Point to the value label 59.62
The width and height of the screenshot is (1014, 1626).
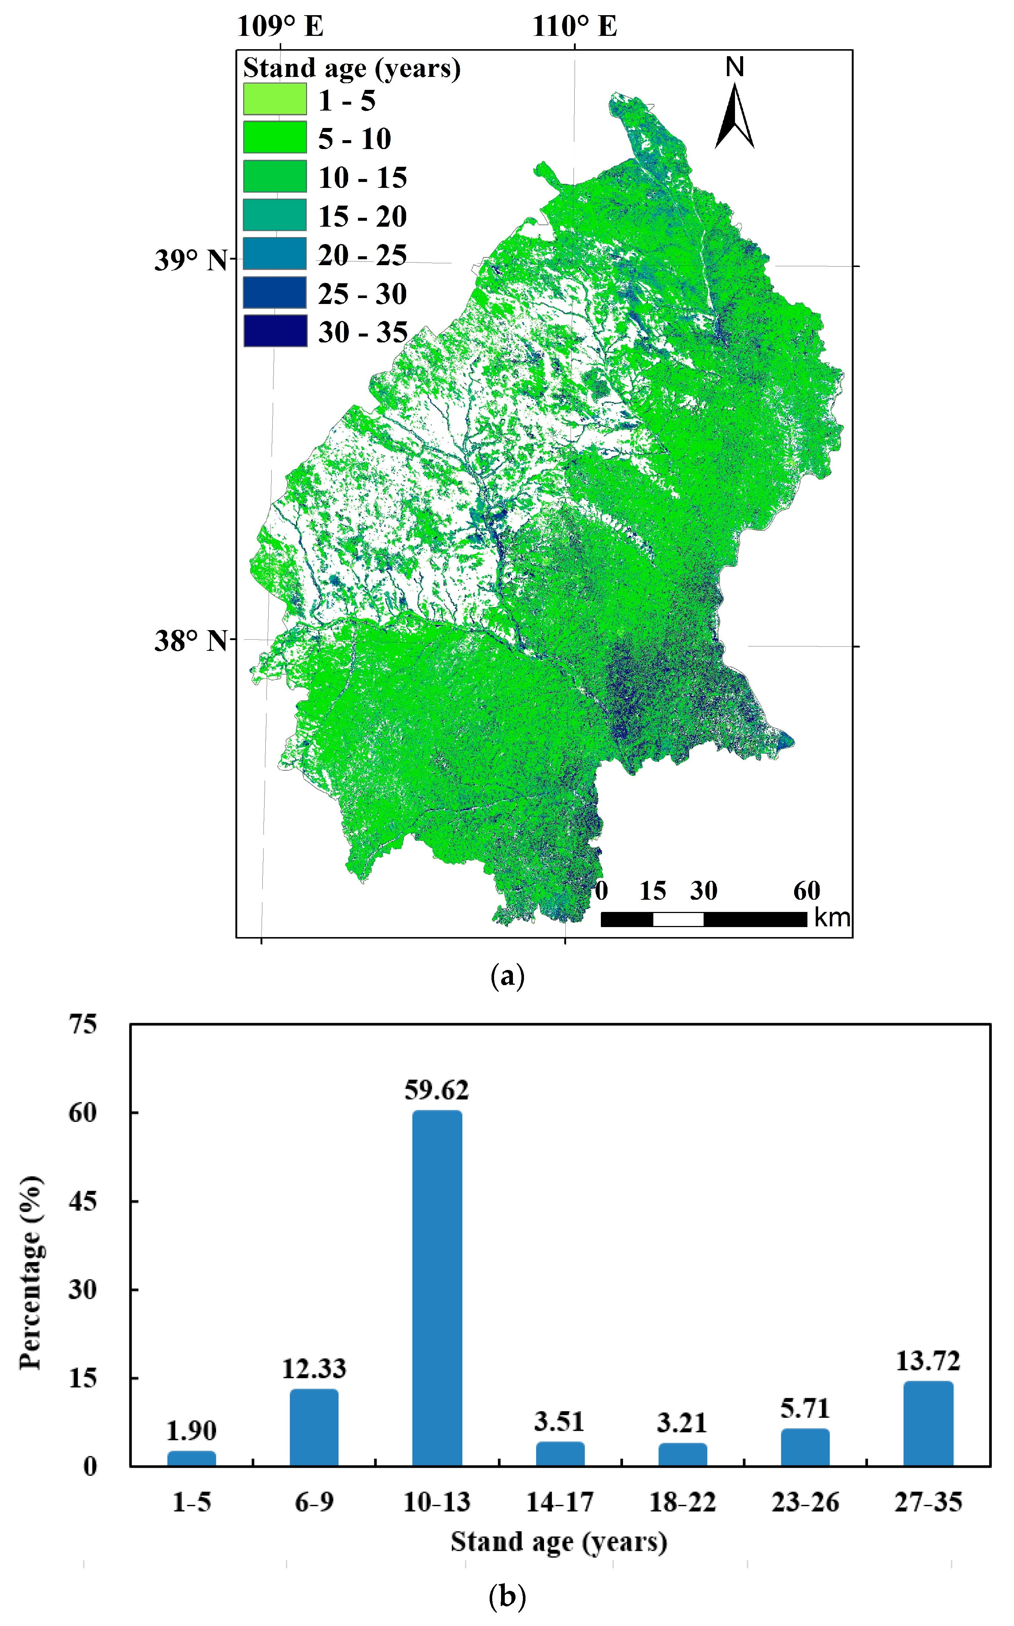pos(436,1091)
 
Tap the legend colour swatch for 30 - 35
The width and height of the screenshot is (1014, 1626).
pos(275,331)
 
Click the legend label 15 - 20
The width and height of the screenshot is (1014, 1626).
pos(362,216)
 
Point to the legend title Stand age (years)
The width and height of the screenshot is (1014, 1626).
pos(351,68)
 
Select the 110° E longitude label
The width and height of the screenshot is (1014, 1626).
pos(575,27)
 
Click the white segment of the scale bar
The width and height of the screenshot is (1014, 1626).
pos(678,919)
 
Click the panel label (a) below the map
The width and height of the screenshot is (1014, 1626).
pos(508,976)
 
